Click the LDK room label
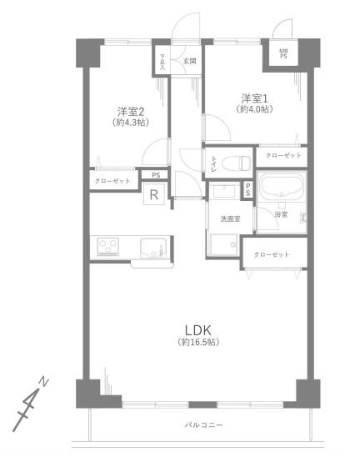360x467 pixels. tap(197, 328)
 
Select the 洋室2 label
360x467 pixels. tap(130, 111)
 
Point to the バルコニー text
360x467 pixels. tap(204, 425)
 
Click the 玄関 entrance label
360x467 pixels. tap(188, 59)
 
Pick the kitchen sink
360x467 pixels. tap(152, 247)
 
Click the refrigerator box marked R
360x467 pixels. tap(153, 195)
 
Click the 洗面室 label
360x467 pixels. tap(230, 218)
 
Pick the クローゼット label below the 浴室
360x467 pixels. tap(272, 254)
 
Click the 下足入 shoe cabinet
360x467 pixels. tap(163, 63)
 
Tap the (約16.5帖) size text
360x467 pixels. tap(197, 343)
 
